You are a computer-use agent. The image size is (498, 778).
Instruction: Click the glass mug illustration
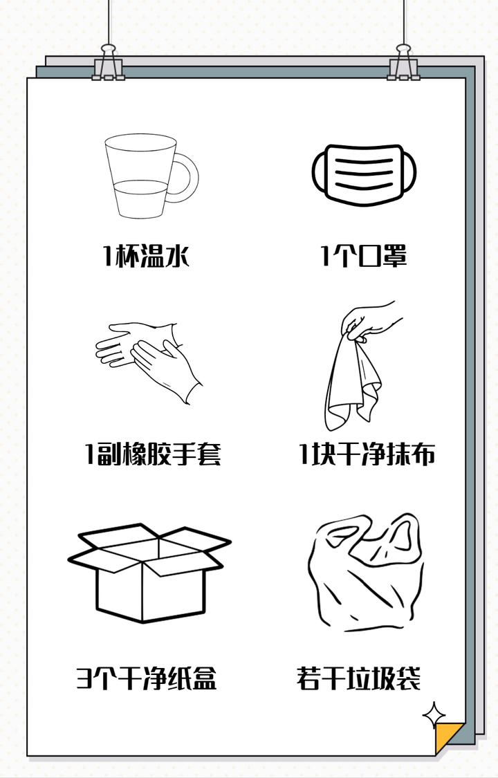click(x=142, y=177)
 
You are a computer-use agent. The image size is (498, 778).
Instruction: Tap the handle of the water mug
click(x=186, y=178)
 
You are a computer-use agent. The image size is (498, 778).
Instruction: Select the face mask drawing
click(x=366, y=172)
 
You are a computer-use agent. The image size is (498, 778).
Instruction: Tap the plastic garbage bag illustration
click(x=366, y=573)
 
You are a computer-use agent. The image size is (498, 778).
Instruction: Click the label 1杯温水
click(x=146, y=257)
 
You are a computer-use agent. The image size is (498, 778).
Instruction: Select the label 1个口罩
click(x=364, y=257)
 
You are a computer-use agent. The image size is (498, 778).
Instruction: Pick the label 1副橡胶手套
click(x=153, y=455)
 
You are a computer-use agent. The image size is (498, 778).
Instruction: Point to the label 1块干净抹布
click(x=367, y=455)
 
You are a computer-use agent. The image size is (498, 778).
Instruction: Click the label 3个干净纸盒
click(x=147, y=678)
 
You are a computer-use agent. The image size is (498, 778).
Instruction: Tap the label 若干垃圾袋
click(x=359, y=678)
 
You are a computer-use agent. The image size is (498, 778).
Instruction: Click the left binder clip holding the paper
click(x=109, y=64)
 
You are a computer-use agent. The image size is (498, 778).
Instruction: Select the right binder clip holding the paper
click(x=403, y=64)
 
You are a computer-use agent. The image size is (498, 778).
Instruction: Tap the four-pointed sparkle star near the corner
click(x=434, y=715)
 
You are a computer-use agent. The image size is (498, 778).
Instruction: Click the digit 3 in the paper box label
click(x=84, y=678)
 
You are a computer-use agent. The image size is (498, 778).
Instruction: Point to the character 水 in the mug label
click(x=175, y=257)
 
